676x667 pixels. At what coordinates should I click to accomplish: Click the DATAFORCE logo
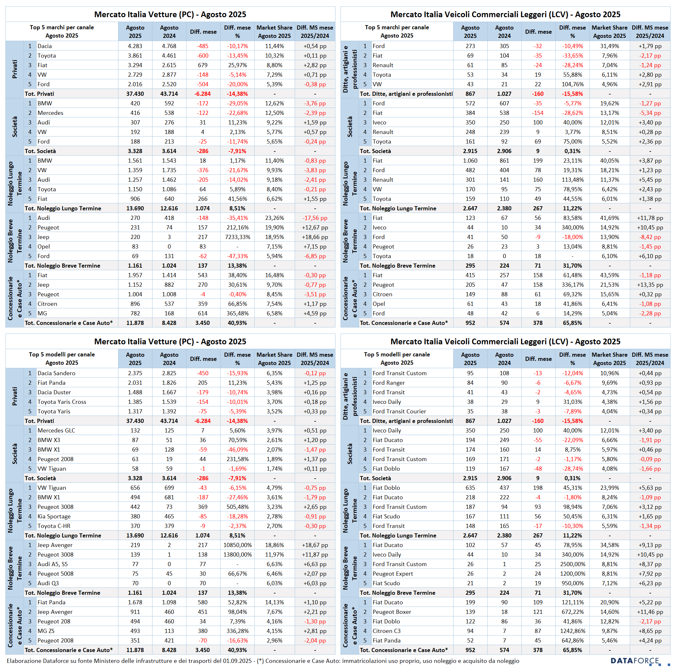pyautogui.click(x=635, y=661)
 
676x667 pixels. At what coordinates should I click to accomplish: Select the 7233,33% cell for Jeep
pyautogui.click(x=237, y=237)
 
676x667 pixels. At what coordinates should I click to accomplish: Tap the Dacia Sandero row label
pyautogui.click(x=56, y=373)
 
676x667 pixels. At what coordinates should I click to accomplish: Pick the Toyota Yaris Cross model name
pyautogui.click(x=61, y=402)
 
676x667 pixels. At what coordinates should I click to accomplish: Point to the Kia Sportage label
pyautogui.click(x=54, y=516)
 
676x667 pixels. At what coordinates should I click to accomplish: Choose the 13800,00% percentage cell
pyautogui.click(x=237, y=554)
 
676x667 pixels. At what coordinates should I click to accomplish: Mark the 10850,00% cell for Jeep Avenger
pyautogui.click(x=237, y=545)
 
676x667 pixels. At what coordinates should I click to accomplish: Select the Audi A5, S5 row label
pyautogui.click(x=53, y=564)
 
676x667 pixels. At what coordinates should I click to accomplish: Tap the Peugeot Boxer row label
pyautogui.click(x=391, y=612)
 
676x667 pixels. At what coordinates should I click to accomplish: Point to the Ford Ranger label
pyautogui.click(x=388, y=383)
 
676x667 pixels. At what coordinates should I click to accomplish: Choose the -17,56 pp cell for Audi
pyautogui.click(x=315, y=218)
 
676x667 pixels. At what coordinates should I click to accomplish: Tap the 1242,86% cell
pyautogui.click(x=573, y=631)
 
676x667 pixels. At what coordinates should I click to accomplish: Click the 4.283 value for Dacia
pyautogui.click(x=135, y=46)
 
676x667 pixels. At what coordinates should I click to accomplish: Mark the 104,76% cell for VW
pyautogui.click(x=573, y=84)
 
